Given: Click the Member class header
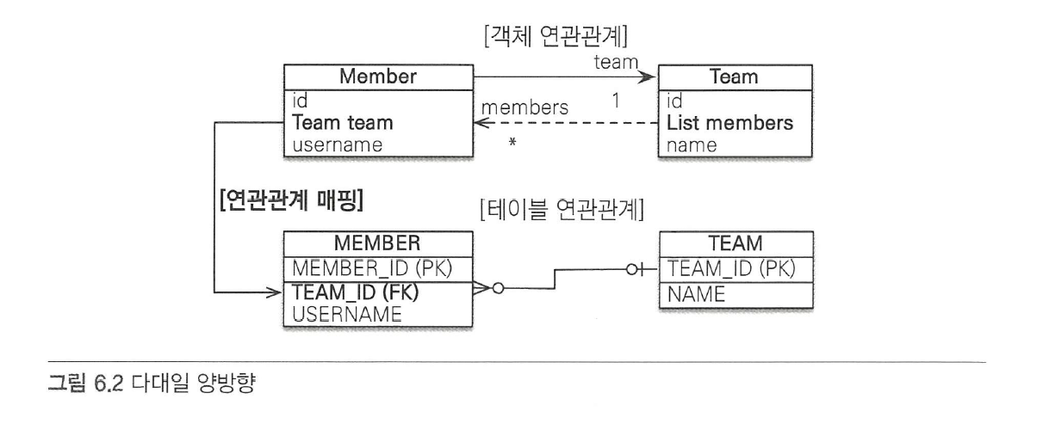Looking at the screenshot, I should (x=378, y=77).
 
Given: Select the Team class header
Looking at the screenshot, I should (x=734, y=77).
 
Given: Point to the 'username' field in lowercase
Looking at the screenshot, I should (x=337, y=144).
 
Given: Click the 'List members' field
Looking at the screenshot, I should (x=729, y=123).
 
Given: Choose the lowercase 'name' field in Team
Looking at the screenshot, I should (x=692, y=144).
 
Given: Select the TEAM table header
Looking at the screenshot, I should (x=734, y=244).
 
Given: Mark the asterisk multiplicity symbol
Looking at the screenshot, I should (x=513, y=143).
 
